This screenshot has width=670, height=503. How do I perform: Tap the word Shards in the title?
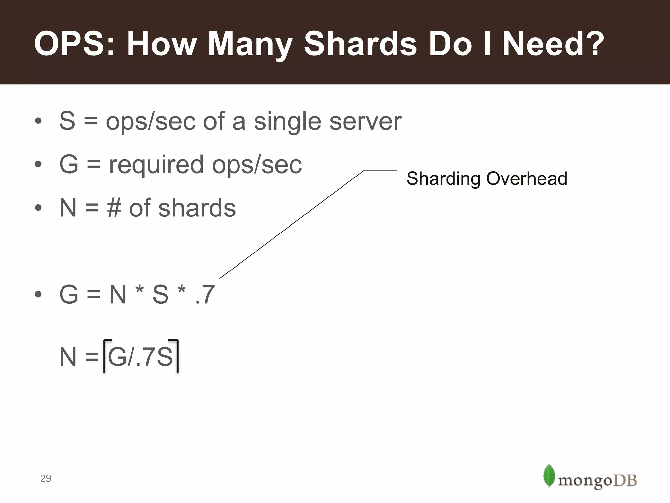360,44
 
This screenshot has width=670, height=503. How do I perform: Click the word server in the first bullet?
365,121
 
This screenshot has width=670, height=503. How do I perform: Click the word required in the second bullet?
156,165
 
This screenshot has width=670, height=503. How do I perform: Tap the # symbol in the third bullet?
114,208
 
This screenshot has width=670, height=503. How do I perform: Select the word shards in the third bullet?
197,208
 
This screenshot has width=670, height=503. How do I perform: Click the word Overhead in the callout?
526,179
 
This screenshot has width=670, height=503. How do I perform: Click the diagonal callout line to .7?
291,225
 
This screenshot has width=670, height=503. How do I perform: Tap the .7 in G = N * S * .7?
205,294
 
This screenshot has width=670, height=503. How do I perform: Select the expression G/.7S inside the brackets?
140,357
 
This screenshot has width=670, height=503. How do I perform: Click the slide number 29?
45,478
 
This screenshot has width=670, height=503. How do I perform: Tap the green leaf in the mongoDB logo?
549,475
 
